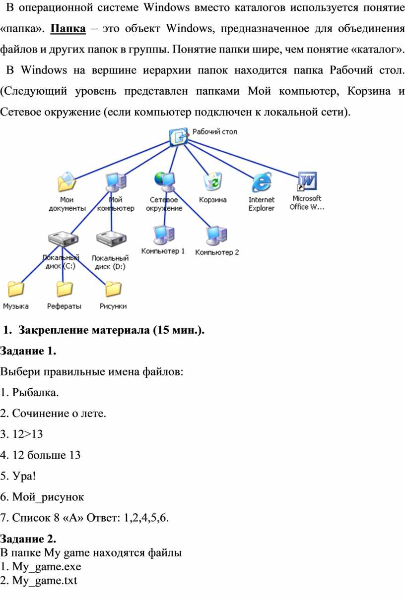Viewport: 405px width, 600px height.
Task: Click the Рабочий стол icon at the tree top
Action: click(x=178, y=136)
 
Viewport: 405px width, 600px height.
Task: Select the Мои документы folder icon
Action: click(x=67, y=182)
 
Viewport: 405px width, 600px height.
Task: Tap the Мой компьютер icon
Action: click(x=116, y=182)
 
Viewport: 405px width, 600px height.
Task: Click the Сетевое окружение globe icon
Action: click(x=164, y=181)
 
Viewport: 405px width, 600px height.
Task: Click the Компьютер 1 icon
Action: click(x=163, y=235)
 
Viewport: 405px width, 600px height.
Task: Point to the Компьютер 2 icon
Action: click(x=217, y=236)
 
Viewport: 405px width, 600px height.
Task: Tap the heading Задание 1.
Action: click(x=28, y=351)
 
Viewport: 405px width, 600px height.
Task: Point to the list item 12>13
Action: click(x=22, y=434)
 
